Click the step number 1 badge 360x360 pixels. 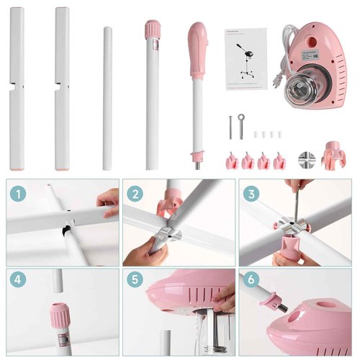point(19,193)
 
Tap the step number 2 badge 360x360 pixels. point(135,193)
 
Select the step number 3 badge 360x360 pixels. point(251,193)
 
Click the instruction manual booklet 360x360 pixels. point(246,59)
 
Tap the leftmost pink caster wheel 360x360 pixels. point(231,160)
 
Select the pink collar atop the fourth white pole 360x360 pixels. point(152,29)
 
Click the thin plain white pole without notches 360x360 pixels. point(107,97)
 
